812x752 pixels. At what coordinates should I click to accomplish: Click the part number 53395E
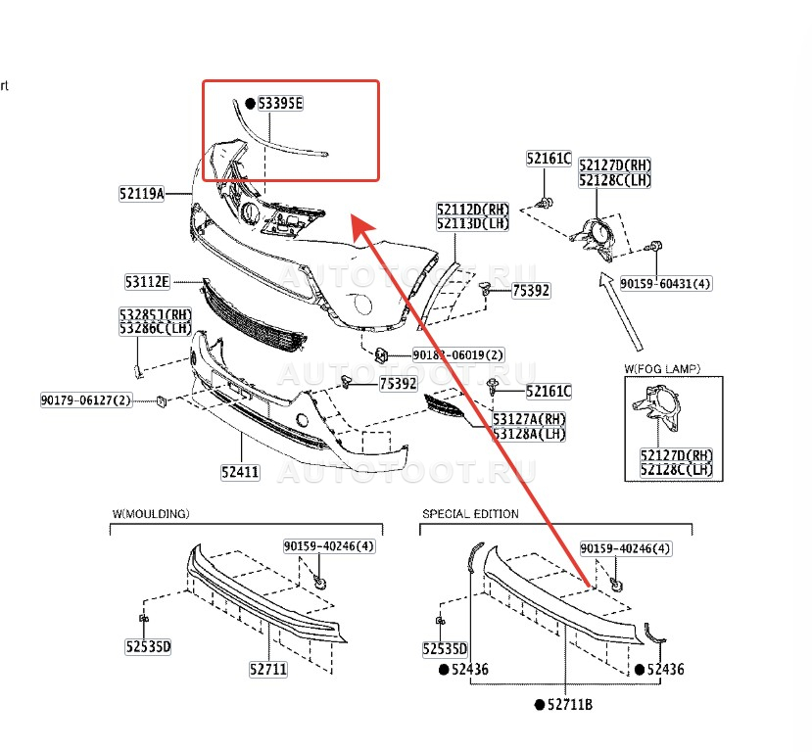(281, 103)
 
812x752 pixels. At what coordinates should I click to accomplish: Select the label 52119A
(142, 194)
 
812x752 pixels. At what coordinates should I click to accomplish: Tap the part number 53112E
(147, 282)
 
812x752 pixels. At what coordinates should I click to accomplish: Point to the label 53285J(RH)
(156, 314)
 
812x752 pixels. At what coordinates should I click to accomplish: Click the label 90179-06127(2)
(86, 400)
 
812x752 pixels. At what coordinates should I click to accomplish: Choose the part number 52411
(239, 472)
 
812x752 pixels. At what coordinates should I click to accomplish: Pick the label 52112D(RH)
(474, 210)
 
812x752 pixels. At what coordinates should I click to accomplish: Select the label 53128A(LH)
(529, 433)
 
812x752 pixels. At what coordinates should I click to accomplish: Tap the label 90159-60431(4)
(666, 284)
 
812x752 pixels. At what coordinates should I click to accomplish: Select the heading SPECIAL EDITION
(470, 514)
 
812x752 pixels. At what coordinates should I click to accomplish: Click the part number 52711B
(570, 705)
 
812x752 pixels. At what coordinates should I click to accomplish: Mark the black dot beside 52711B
(539, 705)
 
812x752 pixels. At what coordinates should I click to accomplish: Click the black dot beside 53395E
(250, 103)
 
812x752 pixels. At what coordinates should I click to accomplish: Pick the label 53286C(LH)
(156, 328)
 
